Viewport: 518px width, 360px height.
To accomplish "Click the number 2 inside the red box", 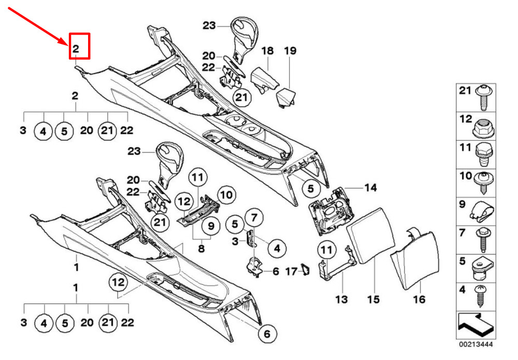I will (76, 49).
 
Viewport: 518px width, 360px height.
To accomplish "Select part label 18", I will (267, 51).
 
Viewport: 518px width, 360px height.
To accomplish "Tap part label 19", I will (290, 51).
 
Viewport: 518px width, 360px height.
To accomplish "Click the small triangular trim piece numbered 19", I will (285, 97).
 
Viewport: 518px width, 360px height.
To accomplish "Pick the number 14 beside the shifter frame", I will (370, 188).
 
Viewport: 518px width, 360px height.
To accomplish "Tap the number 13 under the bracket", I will (341, 299).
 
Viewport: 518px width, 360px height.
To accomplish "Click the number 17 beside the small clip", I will (291, 271).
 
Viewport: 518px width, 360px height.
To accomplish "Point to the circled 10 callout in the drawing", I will (225, 195).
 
